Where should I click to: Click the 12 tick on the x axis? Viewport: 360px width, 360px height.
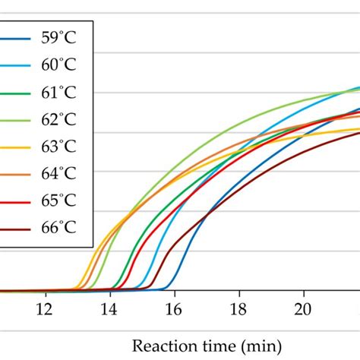(x=46, y=308)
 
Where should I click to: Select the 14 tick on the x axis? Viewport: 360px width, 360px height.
(x=110, y=308)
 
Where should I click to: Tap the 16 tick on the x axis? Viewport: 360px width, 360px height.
(x=175, y=308)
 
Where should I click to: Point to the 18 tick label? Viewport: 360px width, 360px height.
(x=239, y=308)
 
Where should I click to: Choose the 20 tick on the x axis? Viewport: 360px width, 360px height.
(x=304, y=308)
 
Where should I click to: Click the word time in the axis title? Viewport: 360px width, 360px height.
(x=212, y=343)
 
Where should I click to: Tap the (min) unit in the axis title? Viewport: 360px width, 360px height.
(x=250, y=343)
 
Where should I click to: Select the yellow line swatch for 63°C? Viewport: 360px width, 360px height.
(x=17, y=146)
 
